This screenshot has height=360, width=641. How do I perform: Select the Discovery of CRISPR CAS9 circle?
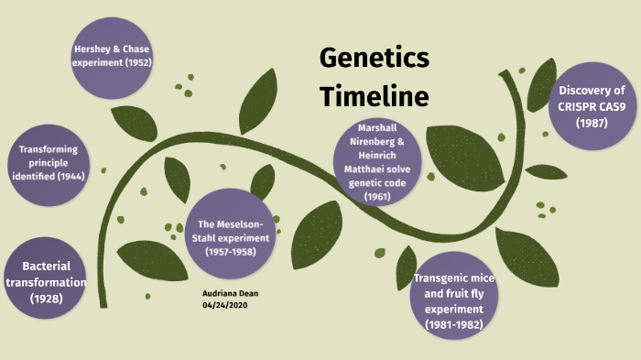click(x=592, y=106)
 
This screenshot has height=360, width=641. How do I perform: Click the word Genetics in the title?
click(x=374, y=59)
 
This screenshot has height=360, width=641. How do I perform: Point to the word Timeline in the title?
click(x=374, y=94)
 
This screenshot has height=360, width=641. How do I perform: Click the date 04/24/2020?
click(x=223, y=304)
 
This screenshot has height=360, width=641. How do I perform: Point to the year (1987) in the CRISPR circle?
click(x=592, y=123)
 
